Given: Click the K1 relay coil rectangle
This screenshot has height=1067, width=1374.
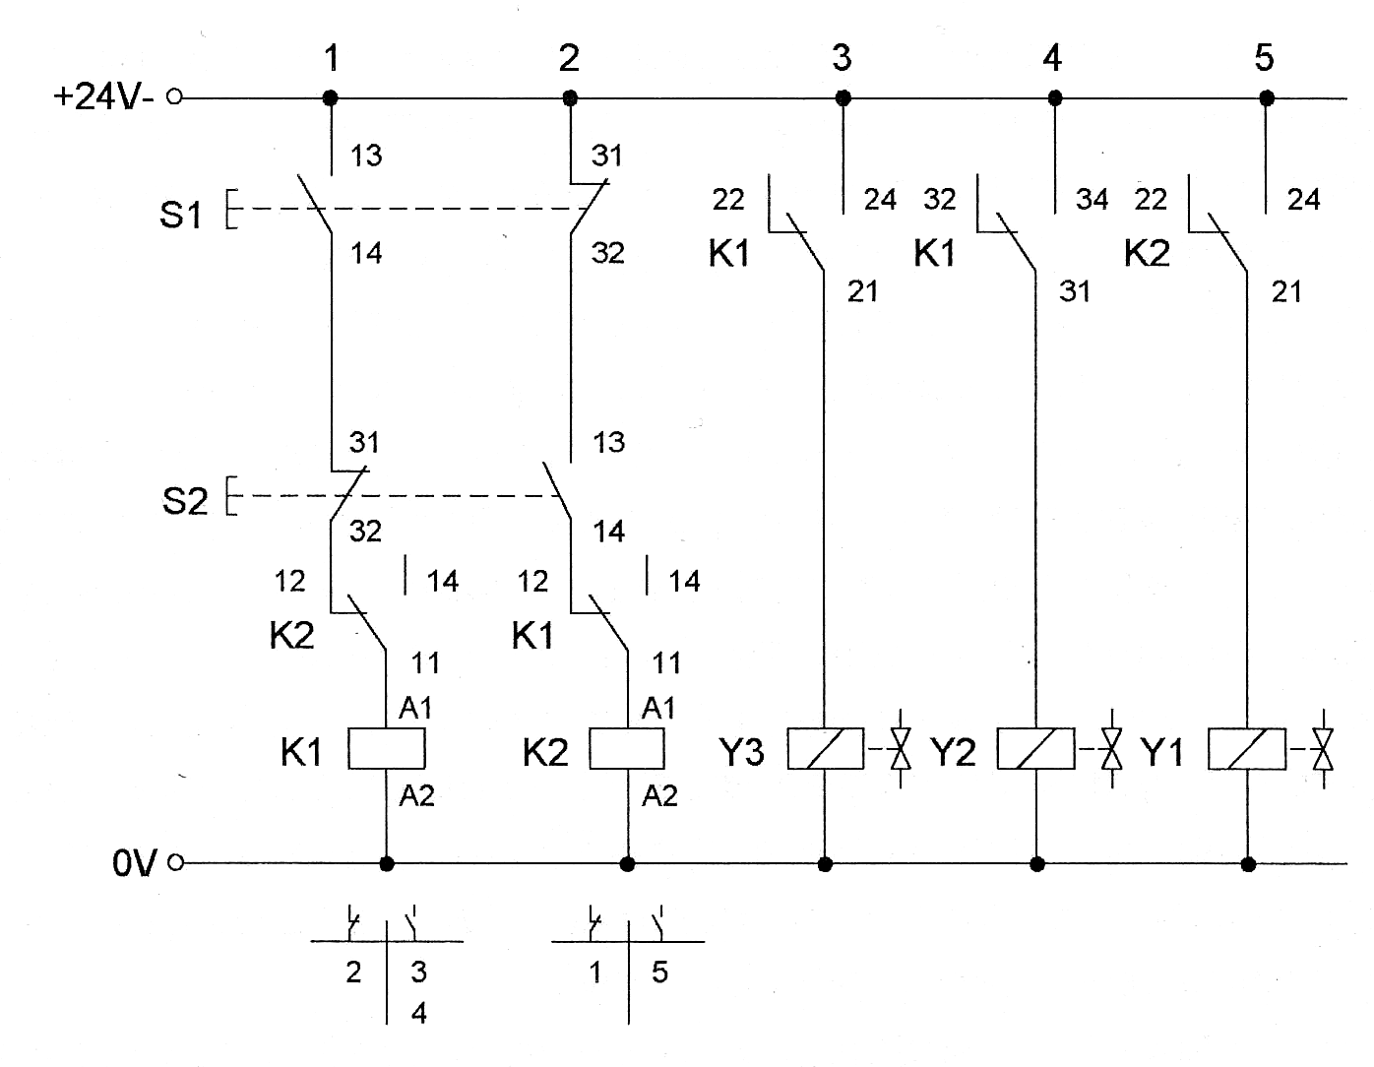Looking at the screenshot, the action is click(x=387, y=748).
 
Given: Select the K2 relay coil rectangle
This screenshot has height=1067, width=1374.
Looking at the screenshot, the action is click(x=627, y=748).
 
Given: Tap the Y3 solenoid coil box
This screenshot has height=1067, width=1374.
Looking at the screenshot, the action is click(x=825, y=748).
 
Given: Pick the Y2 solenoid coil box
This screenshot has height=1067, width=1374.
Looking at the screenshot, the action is click(x=1035, y=748).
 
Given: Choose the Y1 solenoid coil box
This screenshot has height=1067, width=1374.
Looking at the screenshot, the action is click(x=1247, y=748).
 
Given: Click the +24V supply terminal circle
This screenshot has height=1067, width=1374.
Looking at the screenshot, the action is click(x=174, y=96).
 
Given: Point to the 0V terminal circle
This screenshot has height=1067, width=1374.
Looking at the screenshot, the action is click(x=176, y=862).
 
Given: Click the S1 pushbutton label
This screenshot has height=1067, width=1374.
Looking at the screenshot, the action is click(x=180, y=214).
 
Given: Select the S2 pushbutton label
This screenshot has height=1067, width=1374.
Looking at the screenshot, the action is click(x=185, y=501).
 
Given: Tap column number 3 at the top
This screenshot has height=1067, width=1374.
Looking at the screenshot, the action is click(x=842, y=57).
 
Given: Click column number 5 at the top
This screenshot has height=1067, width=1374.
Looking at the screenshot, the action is click(x=1264, y=57).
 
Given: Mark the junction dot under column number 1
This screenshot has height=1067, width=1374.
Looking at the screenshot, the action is click(x=330, y=98).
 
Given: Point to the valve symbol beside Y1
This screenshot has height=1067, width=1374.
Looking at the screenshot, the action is click(x=1323, y=748).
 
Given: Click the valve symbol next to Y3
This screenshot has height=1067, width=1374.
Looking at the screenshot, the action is click(x=901, y=748).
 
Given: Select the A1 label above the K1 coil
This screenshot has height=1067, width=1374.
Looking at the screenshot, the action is click(x=415, y=708).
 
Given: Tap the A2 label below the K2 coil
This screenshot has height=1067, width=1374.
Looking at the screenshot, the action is click(x=659, y=796).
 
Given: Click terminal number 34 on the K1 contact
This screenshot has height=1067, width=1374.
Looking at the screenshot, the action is click(x=1092, y=200).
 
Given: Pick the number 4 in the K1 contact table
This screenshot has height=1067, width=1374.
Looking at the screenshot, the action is click(x=418, y=1013).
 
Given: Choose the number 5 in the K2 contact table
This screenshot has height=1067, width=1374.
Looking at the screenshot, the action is click(x=659, y=973).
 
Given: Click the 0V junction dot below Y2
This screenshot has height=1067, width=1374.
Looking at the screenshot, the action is click(x=1037, y=864).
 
